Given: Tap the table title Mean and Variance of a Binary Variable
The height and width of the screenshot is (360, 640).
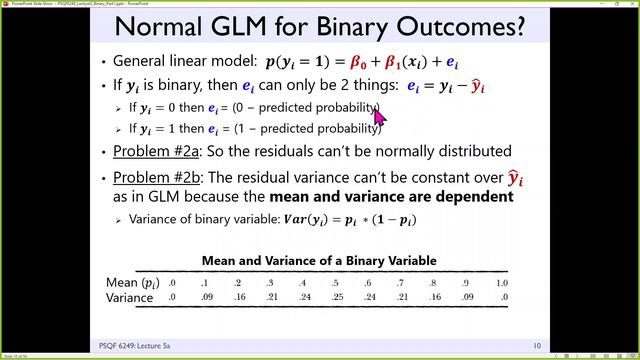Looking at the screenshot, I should (x=319, y=260).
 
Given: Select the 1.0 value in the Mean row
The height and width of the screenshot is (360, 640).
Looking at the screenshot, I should (x=501, y=282).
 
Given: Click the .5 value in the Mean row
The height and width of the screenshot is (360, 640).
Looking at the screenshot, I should (x=336, y=282).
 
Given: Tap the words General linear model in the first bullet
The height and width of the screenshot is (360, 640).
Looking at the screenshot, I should (x=176, y=61).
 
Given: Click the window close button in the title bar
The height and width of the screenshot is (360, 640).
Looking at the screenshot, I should (x=628, y=4).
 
